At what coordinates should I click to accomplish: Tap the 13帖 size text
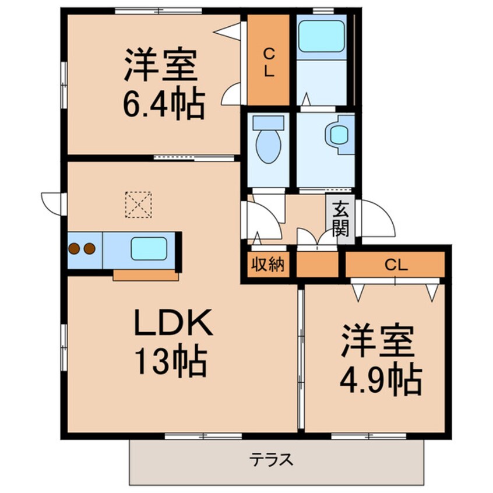[x=171, y=362]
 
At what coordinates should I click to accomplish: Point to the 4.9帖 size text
[x=380, y=381]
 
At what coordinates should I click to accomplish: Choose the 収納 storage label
[x=267, y=265]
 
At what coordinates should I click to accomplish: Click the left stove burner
[x=75, y=249]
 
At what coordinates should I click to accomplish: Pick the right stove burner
[x=89, y=249]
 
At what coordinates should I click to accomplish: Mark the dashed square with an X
[x=138, y=205]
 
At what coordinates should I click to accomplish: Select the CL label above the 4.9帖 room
[x=396, y=265]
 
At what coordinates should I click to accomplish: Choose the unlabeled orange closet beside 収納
[x=318, y=265]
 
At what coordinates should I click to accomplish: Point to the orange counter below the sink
[x=146, y=276]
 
